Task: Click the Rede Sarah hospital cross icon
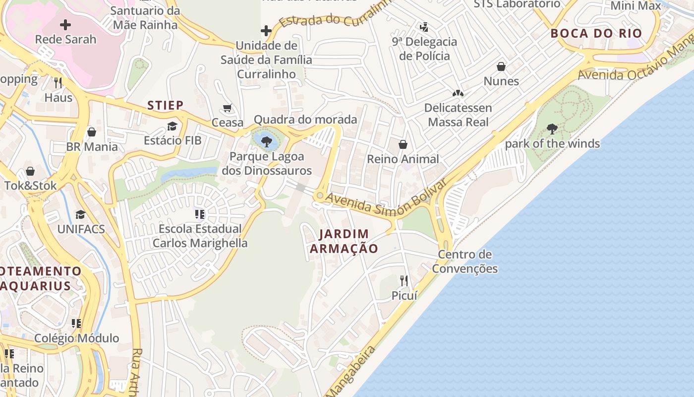click(x=65, y=25)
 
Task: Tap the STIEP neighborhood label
click(x=166, y=105)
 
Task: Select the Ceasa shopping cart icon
click(x=228, y=108)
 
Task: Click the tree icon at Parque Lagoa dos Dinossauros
click(x=267, y=141)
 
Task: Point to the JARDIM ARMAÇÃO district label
click(x=344, y=241)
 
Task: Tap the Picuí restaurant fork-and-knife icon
click(x=404, y=281)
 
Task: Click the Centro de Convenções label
click(x=464, y=262)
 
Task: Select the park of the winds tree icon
click(x=552, y=130)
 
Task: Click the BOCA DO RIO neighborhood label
click(x=596, y=34)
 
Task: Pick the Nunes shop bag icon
click(x=501, y=66)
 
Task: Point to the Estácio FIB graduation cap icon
click(x=172, y=126)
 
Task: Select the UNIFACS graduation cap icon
click(x=80, y=214)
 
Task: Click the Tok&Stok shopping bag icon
click(x=30, y=171)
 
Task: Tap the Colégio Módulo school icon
click(x=76, y=324)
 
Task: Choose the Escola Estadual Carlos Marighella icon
click(x=200, y=214)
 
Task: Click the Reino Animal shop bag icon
click(x=403, y=144)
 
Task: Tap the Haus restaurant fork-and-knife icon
click(x=58, y=82)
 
